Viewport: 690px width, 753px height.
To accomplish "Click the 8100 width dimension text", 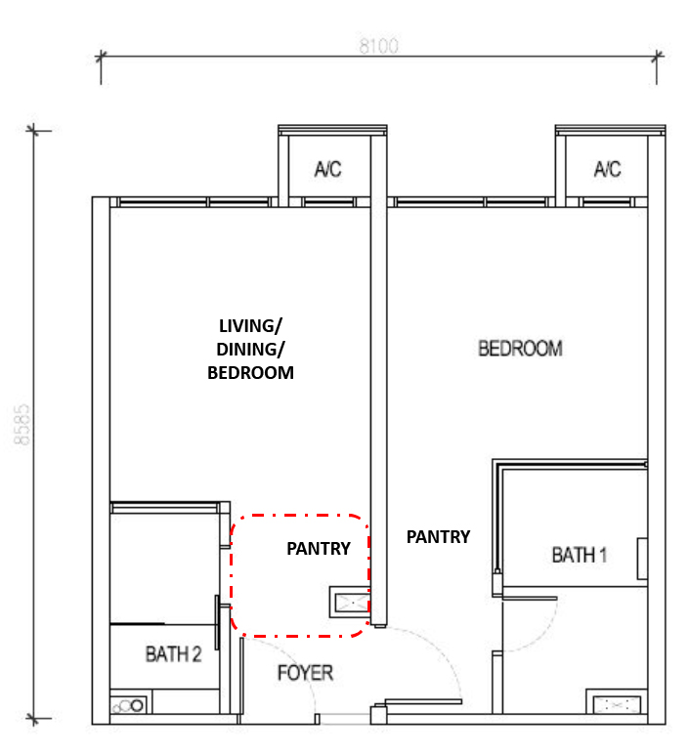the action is point(378,46).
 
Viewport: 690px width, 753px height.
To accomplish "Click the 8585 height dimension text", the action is point(22,425).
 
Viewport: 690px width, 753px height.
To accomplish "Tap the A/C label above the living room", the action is point(327,169).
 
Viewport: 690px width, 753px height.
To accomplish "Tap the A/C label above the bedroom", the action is point(607,169).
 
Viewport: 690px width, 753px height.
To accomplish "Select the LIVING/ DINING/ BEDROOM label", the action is point(250,349).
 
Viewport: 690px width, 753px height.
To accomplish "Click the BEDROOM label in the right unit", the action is point(520,349).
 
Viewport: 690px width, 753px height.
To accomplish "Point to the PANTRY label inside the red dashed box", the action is point(319,549).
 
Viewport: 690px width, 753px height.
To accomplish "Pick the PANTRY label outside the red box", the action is point(438,537).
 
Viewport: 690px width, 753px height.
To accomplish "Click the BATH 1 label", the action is point(579,555).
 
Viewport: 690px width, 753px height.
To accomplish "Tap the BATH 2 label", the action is point(173,654).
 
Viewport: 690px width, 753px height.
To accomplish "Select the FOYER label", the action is point(306,673).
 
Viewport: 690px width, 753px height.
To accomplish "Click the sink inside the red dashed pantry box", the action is point(349,602).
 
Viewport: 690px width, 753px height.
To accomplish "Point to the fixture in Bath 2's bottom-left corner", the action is point(128,705).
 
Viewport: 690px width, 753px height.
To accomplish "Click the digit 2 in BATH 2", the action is point(196,654).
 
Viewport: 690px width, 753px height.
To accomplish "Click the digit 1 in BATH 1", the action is point(603,555).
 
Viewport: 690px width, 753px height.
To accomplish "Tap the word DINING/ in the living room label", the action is point(250,349).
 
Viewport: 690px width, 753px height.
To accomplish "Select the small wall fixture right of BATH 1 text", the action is point(642,559).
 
